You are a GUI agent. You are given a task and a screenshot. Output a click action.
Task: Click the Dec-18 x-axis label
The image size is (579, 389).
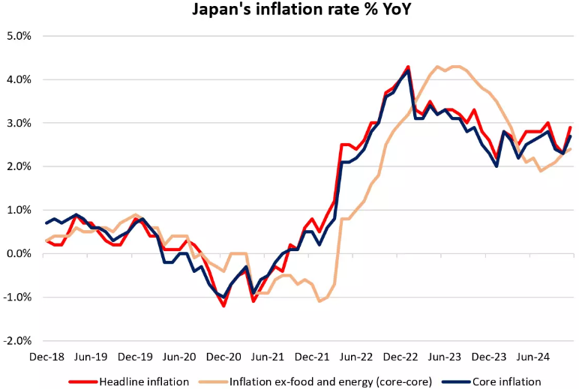pyautogui.click(x=46, y=358)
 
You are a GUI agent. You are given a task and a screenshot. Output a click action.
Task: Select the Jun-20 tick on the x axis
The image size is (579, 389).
pyautogui.click(x=179, y=358)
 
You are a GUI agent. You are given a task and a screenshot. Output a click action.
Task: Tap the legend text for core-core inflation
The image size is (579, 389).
pyautogui.click(x=331, y=382)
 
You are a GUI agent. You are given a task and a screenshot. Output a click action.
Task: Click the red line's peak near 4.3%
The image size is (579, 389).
pyautogui.click(x=408, y=67)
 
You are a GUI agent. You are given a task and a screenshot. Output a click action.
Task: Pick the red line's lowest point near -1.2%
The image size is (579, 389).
pyautogui.click(x=223, y=306)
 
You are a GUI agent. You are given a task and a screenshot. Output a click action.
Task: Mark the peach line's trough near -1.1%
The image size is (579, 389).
pyautogui.click(x=319, y=301)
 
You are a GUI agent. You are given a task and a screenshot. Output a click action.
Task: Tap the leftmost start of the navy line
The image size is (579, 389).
pyautogui.click(x=46, y=223)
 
